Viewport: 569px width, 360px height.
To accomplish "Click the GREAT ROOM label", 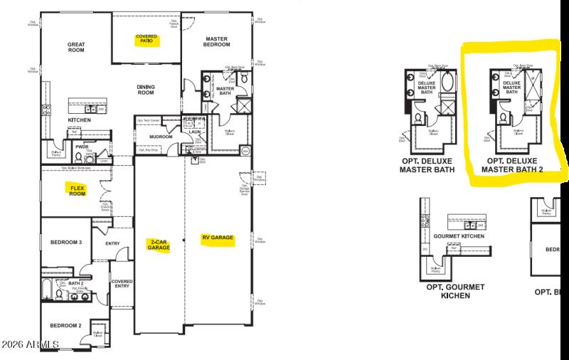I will pos(76,48).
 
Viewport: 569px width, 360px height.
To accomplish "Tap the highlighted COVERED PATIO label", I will pos(148,39).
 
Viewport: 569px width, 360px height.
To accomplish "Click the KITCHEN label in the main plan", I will pos(79,120).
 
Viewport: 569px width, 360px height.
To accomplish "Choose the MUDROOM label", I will pos(161,137).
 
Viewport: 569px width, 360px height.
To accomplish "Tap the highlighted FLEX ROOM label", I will pos(77,190).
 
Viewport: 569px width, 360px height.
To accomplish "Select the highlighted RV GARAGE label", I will pos(217,238).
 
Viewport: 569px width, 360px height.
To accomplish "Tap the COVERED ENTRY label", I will pos(122,285).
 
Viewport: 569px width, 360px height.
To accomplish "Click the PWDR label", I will pos(80,147).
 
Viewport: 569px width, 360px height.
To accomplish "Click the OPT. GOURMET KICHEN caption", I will pos(455,290).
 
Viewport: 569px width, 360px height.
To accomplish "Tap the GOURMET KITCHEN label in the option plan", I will pos(459,235).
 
